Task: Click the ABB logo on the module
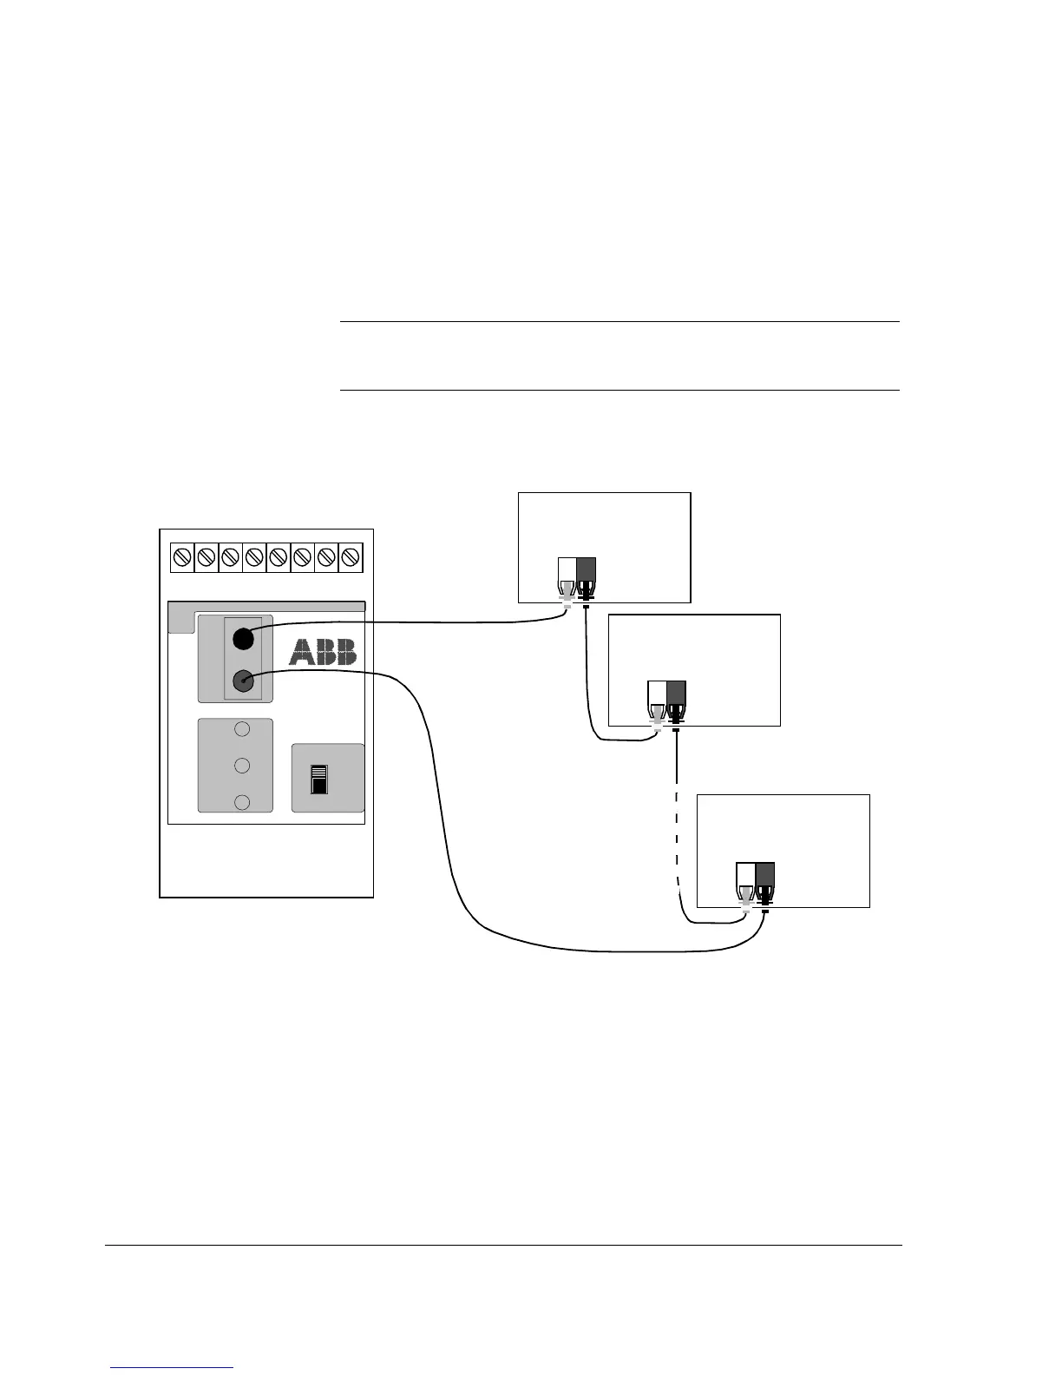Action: coord(323,652)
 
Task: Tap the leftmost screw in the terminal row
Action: coord(182,556)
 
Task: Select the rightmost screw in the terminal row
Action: coord(351,556)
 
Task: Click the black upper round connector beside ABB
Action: coord(243,638)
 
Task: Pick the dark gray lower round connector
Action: coord(243,681)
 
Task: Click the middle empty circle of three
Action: coord(243,766)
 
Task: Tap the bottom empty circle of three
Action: coord(243,802)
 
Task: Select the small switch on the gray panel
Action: coord(319,780)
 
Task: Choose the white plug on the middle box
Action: coord(657,699)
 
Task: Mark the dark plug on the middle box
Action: coord(677,699)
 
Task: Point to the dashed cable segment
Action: coord(676,833)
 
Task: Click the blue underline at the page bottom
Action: coord(172,1368)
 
